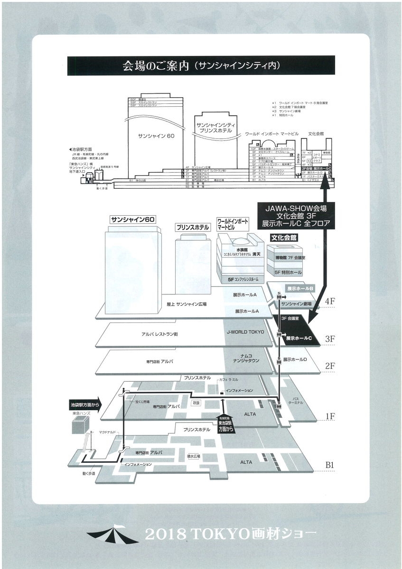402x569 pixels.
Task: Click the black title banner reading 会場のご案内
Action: click(x=201, y=66)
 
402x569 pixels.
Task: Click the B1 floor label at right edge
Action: click(x=330, y=465)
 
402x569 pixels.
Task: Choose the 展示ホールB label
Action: click(x=301, y=288)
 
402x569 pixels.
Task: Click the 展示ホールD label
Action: click(x=296, y=359)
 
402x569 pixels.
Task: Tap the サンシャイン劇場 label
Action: click(x=296, y=303)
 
